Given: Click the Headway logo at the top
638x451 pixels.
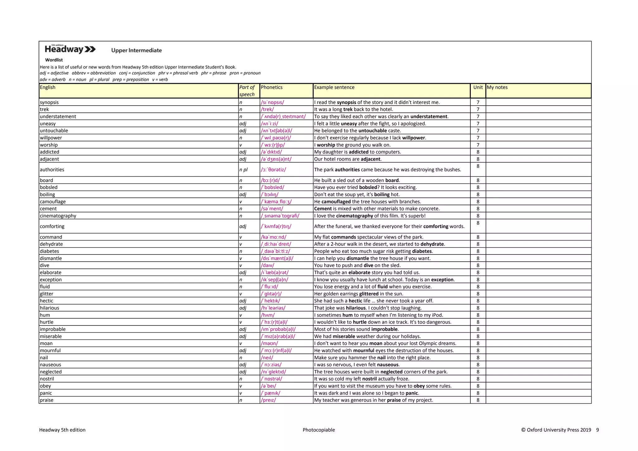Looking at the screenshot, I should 70,49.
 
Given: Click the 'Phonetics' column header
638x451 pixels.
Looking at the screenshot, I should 272,88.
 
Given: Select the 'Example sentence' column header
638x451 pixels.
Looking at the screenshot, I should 334,88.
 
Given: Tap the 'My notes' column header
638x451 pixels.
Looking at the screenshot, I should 497,88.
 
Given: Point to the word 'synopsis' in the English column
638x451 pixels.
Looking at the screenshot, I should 49,102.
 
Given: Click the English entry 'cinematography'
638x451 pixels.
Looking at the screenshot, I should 58,216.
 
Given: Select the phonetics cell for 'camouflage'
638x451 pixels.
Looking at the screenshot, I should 276,202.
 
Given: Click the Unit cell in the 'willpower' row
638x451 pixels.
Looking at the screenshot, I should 478,138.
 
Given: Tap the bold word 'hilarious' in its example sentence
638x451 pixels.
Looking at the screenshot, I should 356,308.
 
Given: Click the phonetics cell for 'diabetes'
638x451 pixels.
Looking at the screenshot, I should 275,251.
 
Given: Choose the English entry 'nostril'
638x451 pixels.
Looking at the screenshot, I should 47,379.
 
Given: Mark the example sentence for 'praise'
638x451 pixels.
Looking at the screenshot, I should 374,400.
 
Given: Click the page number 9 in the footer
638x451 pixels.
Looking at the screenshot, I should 598,430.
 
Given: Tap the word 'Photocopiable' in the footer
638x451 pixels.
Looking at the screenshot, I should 319,430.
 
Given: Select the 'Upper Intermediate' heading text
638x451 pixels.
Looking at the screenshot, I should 136,50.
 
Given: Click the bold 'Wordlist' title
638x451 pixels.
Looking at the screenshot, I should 54,60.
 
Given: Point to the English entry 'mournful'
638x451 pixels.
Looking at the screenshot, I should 50,351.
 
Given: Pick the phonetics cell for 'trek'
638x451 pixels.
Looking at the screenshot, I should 267,110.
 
